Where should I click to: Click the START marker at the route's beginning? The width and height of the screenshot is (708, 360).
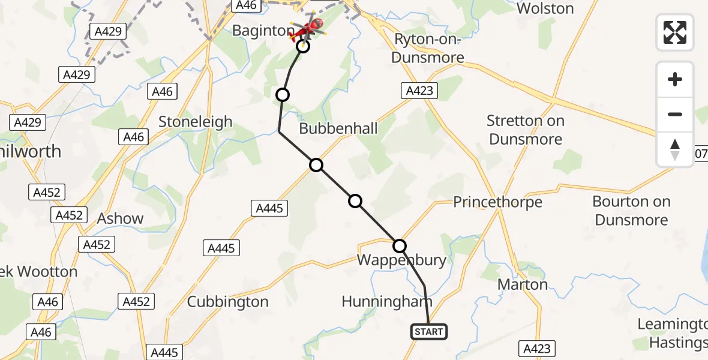pyautogui.click(x=429, y=332)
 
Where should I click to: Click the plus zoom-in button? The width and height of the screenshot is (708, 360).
pyautogui.click(x=675, y=79)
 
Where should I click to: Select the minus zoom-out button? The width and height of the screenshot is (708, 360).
pyautogui.click(x=675, y=114)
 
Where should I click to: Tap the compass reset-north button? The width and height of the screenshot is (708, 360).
pyautogui.click(x=675, y=149)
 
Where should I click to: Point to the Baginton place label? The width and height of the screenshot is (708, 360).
pyautogui.click(x=262, y=31)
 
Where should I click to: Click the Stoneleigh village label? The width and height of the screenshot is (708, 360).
pyautogui.click(x=195, y=122)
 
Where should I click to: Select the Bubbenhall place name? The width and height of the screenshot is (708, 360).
pyautogui.click(x=338, y=128)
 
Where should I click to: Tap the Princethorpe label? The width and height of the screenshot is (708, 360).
pyautogui.click(x=497, y=202)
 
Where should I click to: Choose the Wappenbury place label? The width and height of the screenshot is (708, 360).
pyautogui.click(x=401, y=260)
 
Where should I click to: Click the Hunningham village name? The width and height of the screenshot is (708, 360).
pyautogui.click(x=387, y=301)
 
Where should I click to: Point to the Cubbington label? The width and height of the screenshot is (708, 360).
pyautogui.click(x=227, y=301)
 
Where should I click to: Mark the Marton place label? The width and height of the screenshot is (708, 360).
pyautogui.click(x=523, y=284)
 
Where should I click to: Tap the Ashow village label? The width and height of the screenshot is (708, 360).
pyautogui.click(x=120, y=218)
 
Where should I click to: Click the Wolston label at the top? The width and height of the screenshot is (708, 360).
pyautogui.click(x=545, y=8)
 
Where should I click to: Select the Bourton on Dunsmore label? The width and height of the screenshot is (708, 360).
pyautogui.click(x=631, y=211)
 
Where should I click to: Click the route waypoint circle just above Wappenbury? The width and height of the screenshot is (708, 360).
pyautogui.click(x=400, y=245)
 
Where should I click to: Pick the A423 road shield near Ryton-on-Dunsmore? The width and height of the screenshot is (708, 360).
pyautogui.click(x=419, y=91)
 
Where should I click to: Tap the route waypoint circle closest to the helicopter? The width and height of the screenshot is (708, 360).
pyautogui.click(x=303, y=46)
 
